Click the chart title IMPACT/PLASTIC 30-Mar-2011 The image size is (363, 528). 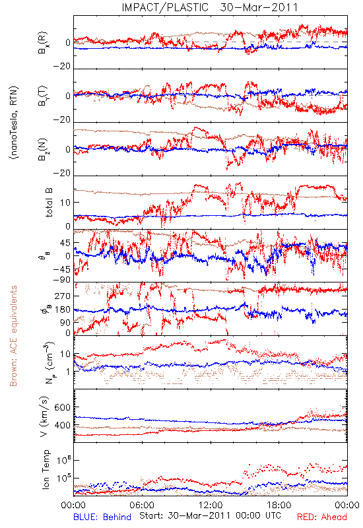210,7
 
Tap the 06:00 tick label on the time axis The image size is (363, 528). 142,506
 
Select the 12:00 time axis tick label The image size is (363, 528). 211,506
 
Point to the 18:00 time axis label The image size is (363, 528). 279,506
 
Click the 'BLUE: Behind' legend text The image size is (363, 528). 102,517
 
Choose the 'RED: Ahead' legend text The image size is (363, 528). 321,517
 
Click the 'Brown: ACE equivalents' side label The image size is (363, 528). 13,336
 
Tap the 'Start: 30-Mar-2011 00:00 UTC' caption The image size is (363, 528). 210,515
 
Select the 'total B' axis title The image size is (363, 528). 49,202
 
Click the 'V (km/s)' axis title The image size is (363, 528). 44,416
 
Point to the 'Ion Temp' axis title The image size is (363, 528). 46,469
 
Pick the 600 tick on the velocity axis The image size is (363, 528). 62,407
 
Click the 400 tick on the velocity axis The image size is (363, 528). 62,425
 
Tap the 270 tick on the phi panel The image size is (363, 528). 63,296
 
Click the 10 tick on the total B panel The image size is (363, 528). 65,203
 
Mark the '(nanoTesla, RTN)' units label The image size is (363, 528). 14,123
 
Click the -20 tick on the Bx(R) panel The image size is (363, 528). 62,67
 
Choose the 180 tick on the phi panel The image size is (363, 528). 63,310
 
